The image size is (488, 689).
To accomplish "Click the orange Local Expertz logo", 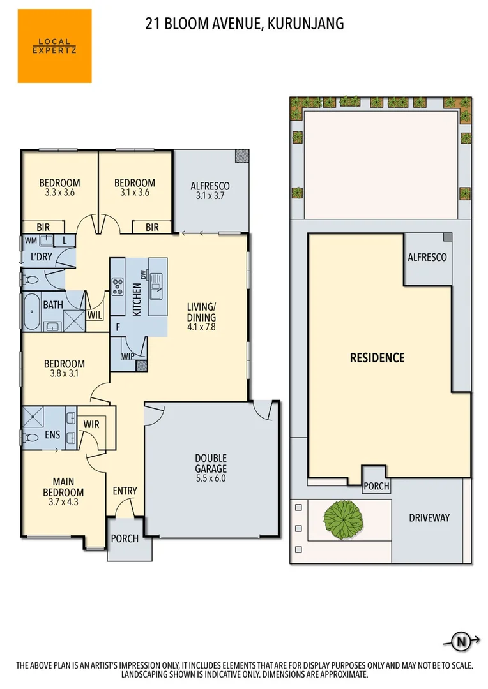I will point(54,46).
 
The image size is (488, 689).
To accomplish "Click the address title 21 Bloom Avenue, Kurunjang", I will point(245,24).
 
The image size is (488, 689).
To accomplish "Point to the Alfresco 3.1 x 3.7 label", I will point(210,191).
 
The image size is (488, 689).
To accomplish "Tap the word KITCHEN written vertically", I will point(136,299).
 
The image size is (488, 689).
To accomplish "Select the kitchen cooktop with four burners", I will point(118,287).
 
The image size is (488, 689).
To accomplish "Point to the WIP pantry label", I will point(127,356).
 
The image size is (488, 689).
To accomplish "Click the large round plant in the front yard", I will point(342,517).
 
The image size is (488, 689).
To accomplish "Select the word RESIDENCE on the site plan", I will point(377,357).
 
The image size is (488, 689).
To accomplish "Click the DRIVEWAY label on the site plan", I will point(429,518).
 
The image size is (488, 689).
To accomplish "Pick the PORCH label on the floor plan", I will point(125,538).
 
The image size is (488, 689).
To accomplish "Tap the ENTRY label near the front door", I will point(125,491).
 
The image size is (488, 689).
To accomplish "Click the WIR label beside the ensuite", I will point(91,423).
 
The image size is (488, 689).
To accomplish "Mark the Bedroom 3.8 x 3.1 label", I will point(64,369).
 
